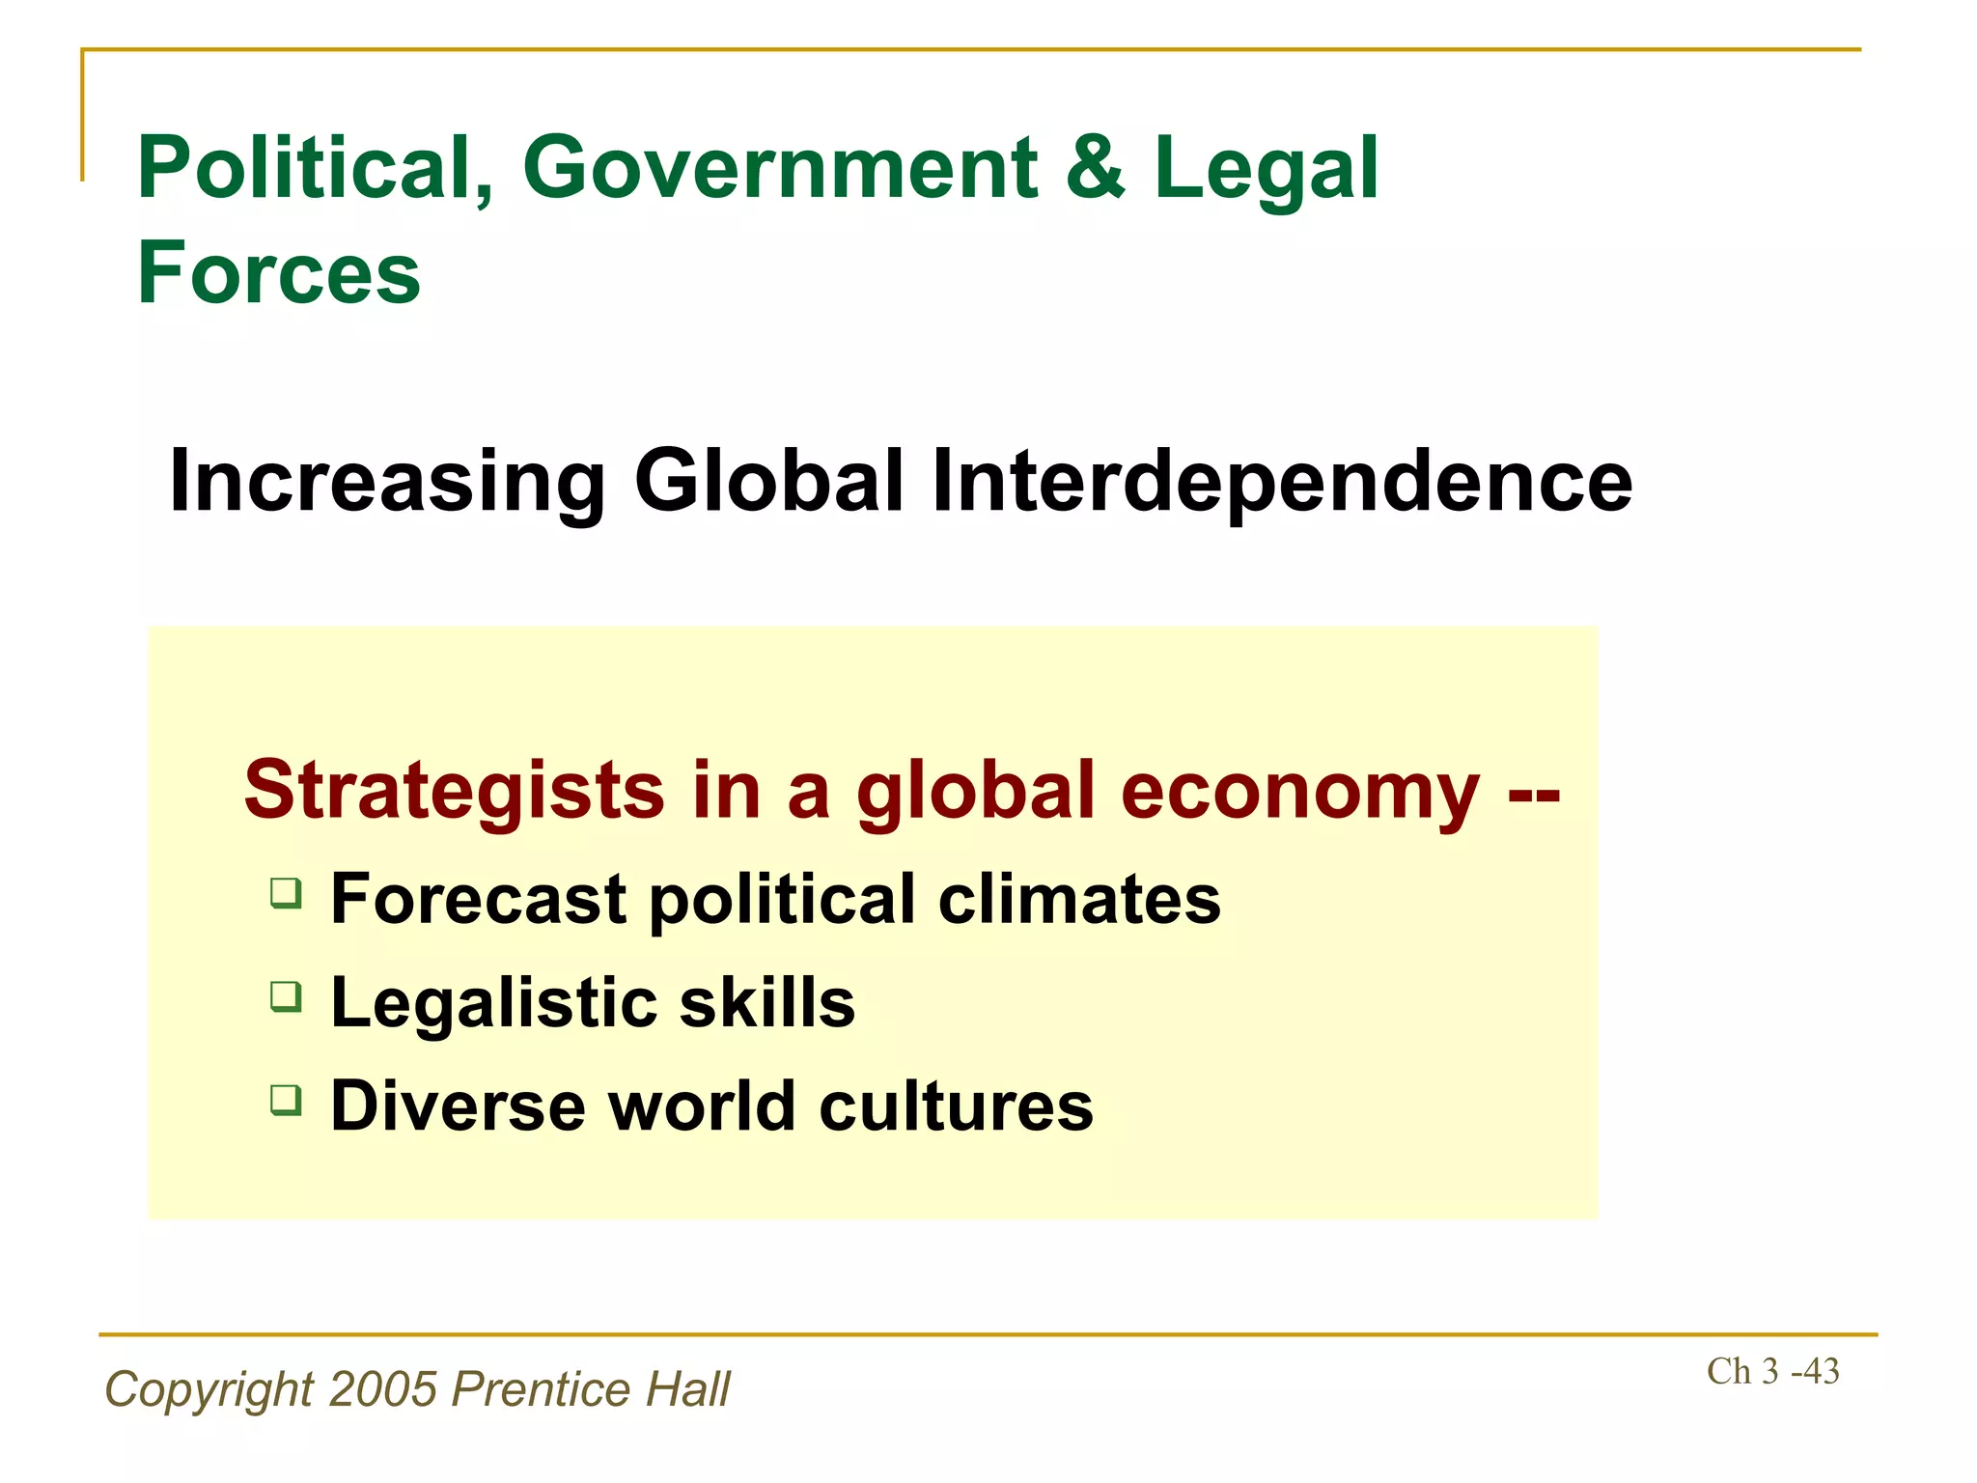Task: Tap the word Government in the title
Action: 780,169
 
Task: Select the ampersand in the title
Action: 1096,169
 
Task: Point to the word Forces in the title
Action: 279,274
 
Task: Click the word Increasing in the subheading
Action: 387,483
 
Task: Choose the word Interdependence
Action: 1282,483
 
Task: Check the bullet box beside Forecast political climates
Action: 286,893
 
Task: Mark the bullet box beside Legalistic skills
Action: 286,996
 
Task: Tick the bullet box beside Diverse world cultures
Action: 286,1100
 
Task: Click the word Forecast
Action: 478,899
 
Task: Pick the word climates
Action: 1079,899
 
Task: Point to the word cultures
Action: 956,1106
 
